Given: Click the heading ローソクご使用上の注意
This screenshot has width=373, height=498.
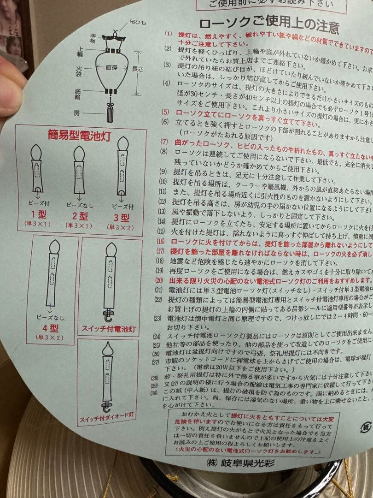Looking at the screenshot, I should point(269,24).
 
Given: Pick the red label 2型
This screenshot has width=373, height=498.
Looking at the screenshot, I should point(80,215).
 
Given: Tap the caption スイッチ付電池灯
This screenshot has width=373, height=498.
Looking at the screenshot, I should point(109,329).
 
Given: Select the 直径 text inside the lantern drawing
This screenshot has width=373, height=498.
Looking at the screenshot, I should point(111,67).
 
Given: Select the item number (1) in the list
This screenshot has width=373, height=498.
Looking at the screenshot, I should point(168,34).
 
